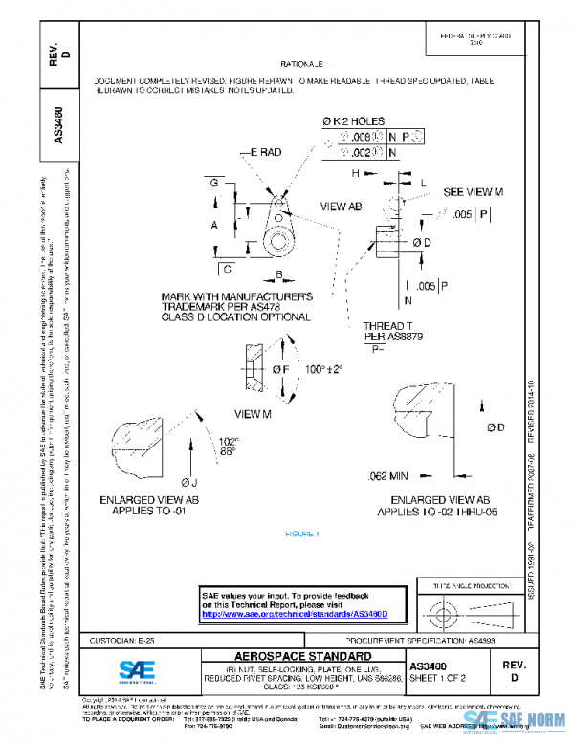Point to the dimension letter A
(x=214, y=225)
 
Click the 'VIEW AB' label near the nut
(x=341, y=207)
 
